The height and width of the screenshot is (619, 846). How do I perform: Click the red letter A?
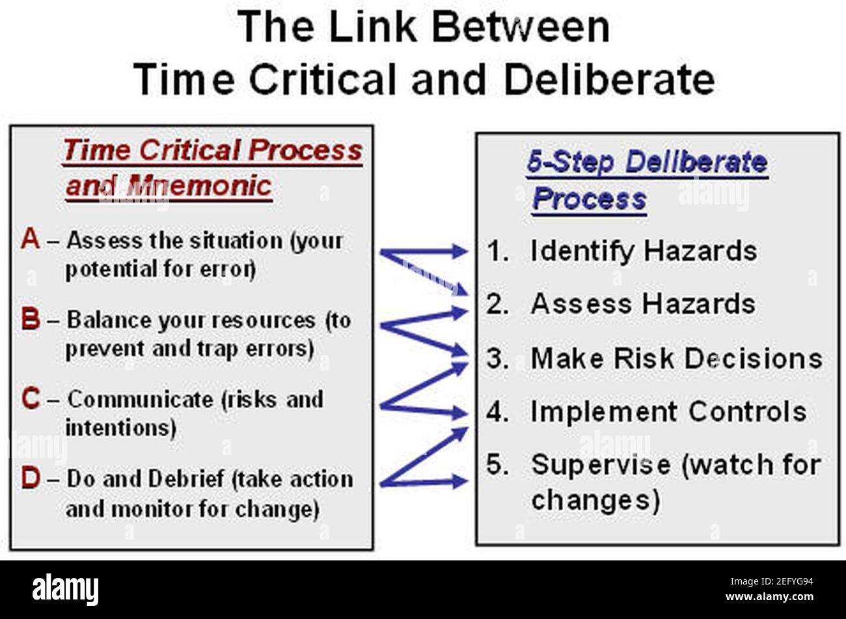tap(30, 240)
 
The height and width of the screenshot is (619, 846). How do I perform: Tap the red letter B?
tap(31, 320)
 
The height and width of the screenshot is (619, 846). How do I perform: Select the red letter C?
tap(31, 398)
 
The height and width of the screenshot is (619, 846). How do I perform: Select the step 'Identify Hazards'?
tap(643, 251)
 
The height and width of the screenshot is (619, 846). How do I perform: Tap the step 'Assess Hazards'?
tap(642, 304)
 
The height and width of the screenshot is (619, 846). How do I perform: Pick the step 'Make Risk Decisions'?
tap(676, 358)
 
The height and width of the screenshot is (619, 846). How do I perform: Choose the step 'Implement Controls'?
tap(668, 411)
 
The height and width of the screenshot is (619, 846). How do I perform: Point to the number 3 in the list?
tap(497, 358)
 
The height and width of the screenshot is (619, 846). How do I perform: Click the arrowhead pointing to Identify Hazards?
tap(461, 251)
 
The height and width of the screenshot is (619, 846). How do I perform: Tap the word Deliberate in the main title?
tap(609, 81)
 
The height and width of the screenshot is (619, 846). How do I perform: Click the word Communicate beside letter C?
tap(140, 399)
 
